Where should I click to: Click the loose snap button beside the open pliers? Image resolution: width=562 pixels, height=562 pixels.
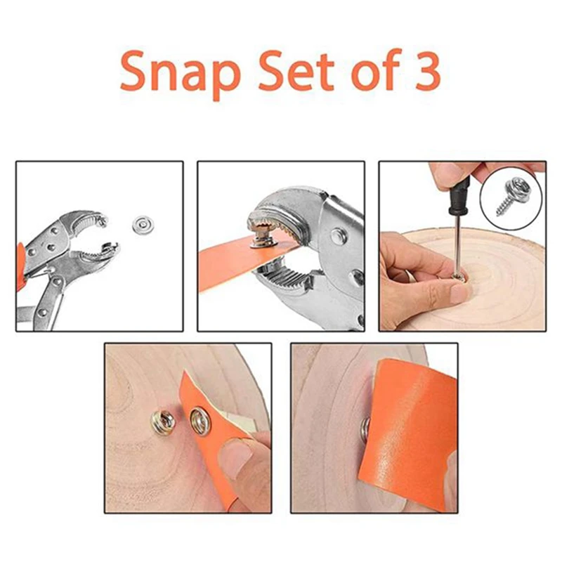[143, 225]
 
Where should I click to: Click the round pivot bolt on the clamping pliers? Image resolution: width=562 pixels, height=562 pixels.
[338, 235]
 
